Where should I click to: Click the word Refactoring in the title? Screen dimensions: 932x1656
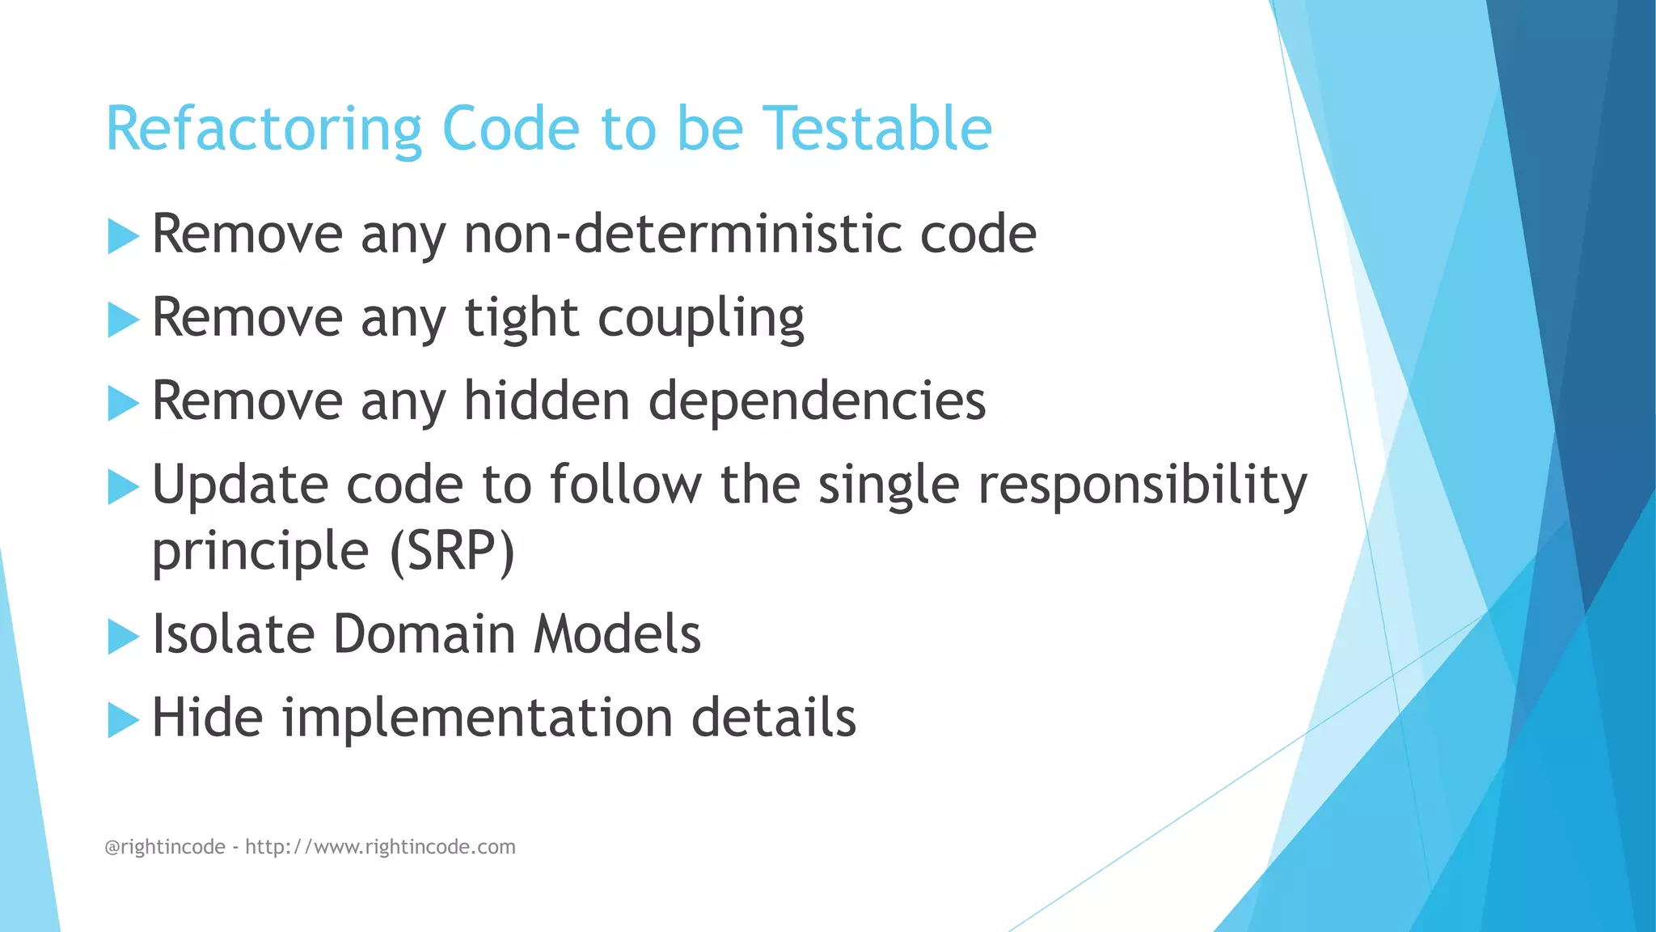264,129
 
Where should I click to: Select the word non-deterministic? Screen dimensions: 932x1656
682,235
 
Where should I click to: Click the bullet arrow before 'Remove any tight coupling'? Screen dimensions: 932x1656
123,320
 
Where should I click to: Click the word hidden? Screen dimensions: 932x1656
547,401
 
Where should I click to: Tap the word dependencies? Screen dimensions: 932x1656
817,401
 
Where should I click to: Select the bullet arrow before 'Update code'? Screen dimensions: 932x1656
123,487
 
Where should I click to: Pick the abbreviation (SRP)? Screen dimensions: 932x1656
452,552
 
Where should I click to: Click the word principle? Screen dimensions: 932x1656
260,553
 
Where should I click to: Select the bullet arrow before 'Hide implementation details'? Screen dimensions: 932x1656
123,720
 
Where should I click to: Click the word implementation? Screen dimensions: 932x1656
477,718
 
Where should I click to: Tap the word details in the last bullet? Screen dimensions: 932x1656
773,718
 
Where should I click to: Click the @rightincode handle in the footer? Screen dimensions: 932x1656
165,847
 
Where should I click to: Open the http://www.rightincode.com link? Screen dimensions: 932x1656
380,847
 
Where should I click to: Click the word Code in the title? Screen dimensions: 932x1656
511,129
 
